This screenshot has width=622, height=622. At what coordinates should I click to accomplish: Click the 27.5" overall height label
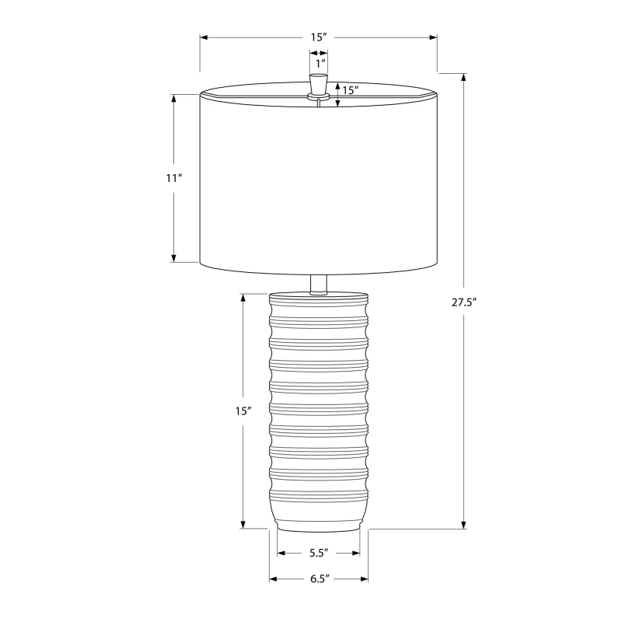click(463, 303)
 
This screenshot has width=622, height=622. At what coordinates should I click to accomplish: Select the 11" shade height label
click(173, 178)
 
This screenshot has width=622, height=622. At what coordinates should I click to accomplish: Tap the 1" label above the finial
click(320, 62)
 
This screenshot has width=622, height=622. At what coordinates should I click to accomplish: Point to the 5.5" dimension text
click(319, 554)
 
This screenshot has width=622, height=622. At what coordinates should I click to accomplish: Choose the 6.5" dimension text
click(319, 579)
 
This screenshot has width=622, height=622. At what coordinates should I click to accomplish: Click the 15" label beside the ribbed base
click(243, 411)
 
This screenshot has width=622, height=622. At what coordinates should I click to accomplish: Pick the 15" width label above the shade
click(319, 37)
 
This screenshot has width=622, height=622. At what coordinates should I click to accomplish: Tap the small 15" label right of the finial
click(350, 90)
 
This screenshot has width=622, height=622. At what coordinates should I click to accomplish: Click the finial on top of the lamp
click(319, 85)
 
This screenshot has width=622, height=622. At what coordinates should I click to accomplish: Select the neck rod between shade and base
click(319, 284)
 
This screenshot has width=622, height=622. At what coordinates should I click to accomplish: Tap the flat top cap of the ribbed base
click(319, 297)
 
